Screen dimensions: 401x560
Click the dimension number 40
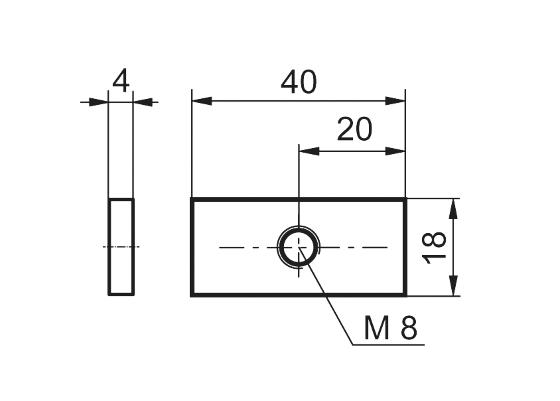299,82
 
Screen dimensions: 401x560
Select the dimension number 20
354,130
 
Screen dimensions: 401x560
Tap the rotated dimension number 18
435,248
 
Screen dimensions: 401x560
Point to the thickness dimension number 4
121,82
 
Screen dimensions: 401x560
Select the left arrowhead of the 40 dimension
201,101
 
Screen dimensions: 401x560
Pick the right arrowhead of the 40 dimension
395,101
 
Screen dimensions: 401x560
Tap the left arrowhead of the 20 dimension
309,151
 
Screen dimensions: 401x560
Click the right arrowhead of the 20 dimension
395,151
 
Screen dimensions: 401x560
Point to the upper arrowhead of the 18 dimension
453,208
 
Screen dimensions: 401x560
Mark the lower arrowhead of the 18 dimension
453,286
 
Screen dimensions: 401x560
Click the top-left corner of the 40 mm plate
192,199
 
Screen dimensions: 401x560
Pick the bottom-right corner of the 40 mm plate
405,294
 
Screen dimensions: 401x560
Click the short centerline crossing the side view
121,247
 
